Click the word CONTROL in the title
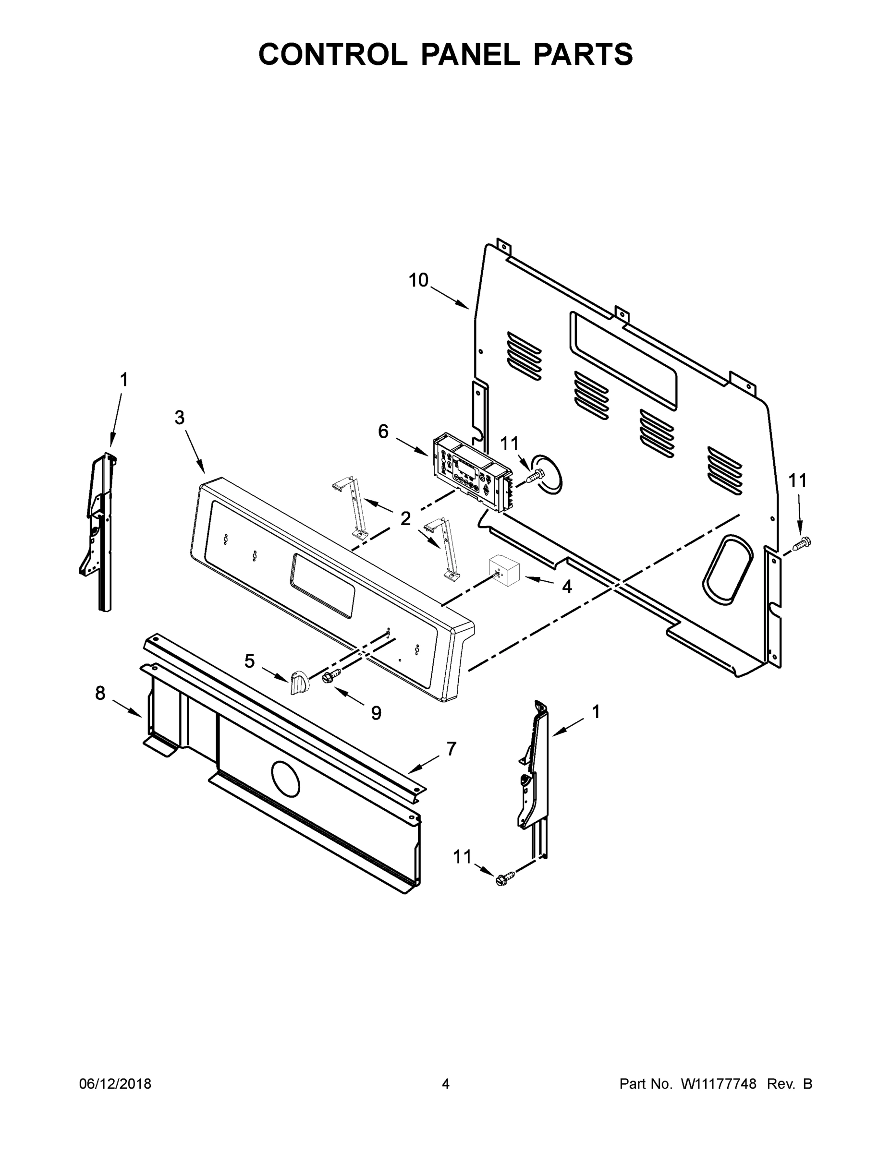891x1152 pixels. point(332,54)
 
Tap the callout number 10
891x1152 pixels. point(418,281)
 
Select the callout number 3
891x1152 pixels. point(180,418)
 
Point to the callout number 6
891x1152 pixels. point(383,432)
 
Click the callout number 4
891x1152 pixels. point(566,586)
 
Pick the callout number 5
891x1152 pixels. point(249,660)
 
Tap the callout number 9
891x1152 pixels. point(376,713)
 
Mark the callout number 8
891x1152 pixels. point(100,693)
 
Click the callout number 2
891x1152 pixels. point(405,518)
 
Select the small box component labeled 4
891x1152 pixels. point(505,570)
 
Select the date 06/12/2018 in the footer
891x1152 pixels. point(115,1083)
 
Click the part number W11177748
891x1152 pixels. point(719,1083)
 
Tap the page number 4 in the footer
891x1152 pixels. point(446,1083)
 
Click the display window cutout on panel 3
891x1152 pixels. point(322,586)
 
